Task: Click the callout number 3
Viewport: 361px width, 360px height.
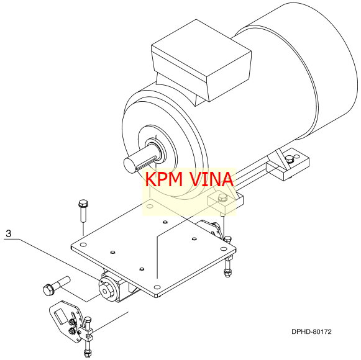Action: coord(8,233)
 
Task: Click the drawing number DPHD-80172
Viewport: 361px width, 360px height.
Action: coord(311,331)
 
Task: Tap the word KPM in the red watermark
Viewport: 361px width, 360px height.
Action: coord(164,179)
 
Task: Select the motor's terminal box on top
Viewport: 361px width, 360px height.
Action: coord(201,61)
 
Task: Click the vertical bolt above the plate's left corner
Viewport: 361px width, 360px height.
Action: coord(83,210)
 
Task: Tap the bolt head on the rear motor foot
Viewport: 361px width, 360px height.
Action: coord(290,159)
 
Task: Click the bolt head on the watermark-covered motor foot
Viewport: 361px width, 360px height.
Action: coord(222,197)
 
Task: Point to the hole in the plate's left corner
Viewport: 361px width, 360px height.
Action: coord(83,245)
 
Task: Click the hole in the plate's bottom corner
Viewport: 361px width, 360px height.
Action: coord(157,287)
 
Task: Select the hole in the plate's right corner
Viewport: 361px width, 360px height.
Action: coord(224,249)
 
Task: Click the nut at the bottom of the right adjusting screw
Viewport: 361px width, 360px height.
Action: coord(227,273)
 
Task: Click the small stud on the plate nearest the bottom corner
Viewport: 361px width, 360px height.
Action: coord(142,269)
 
